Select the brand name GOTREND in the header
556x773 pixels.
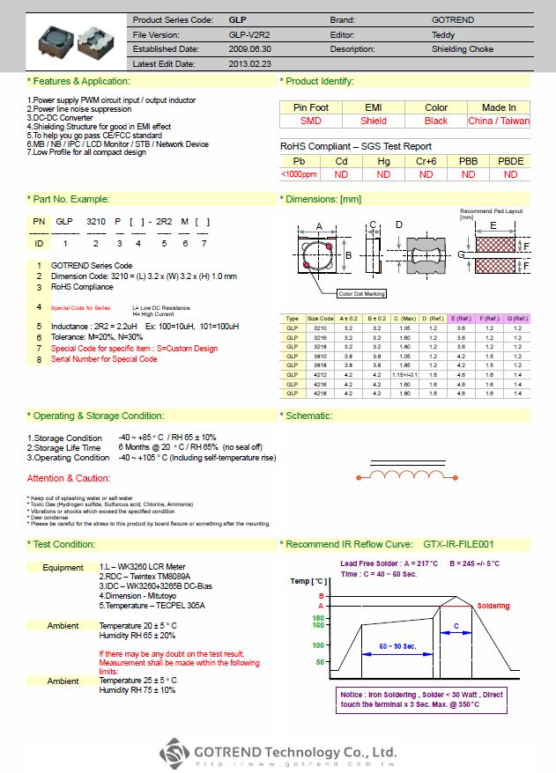pyautogui.click(x=454, y=19)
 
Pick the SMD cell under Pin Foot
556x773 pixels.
pyautogui.click(x=311, y=121)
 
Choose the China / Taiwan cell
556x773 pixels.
pyautogui.click(x=499, y=121)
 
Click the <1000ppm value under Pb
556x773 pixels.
pyautogui.click(x=299, y=174)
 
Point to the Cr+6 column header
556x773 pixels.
pyautogui.click(x=426, y=161)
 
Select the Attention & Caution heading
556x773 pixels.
pyautogui.click(x=69, y=478)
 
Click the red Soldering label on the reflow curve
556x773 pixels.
pyautogui.click(x=493, y=607)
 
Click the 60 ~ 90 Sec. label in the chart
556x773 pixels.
pyautogui.click(x=400, y=645)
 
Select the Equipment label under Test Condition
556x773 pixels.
pyautogui.click(x=63, y=568)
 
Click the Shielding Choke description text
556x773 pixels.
pyautogui.click(x=462, y=49)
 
